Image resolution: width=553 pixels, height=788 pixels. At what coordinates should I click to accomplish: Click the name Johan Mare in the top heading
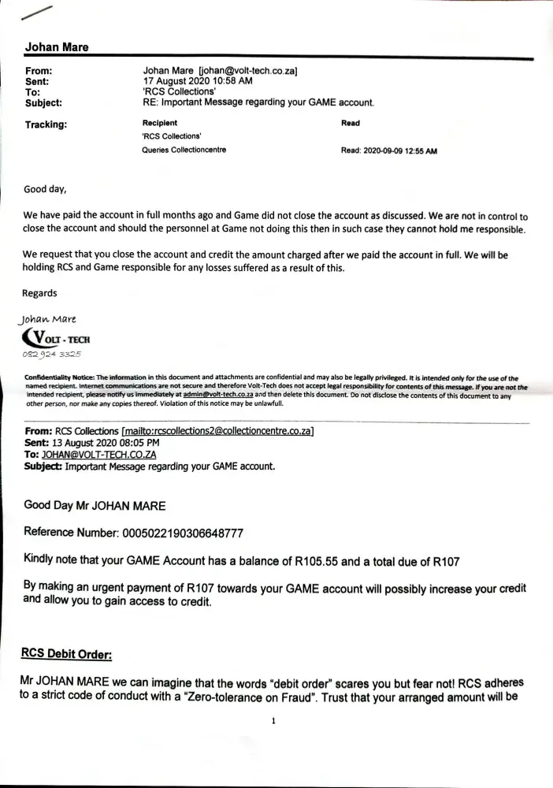(57, 47)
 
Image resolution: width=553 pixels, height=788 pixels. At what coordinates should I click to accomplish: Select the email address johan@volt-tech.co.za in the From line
(247, 71)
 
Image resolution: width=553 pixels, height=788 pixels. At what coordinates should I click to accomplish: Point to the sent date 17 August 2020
(176, 81)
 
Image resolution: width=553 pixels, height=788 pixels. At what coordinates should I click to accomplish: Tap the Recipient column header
(159, 123)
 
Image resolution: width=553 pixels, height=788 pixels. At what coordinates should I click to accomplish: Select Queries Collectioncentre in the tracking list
(180, 151)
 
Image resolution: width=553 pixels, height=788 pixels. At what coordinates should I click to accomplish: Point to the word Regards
(39, 293)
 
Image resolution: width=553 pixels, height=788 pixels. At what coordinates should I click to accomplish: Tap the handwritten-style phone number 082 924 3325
(59, 356)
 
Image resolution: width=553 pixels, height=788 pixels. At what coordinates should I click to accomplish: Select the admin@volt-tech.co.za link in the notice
(217, 394)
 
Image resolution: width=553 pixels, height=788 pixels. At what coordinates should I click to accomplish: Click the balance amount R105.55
(318, 560)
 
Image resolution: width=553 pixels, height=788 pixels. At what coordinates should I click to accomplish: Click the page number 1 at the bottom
(272, 720)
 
